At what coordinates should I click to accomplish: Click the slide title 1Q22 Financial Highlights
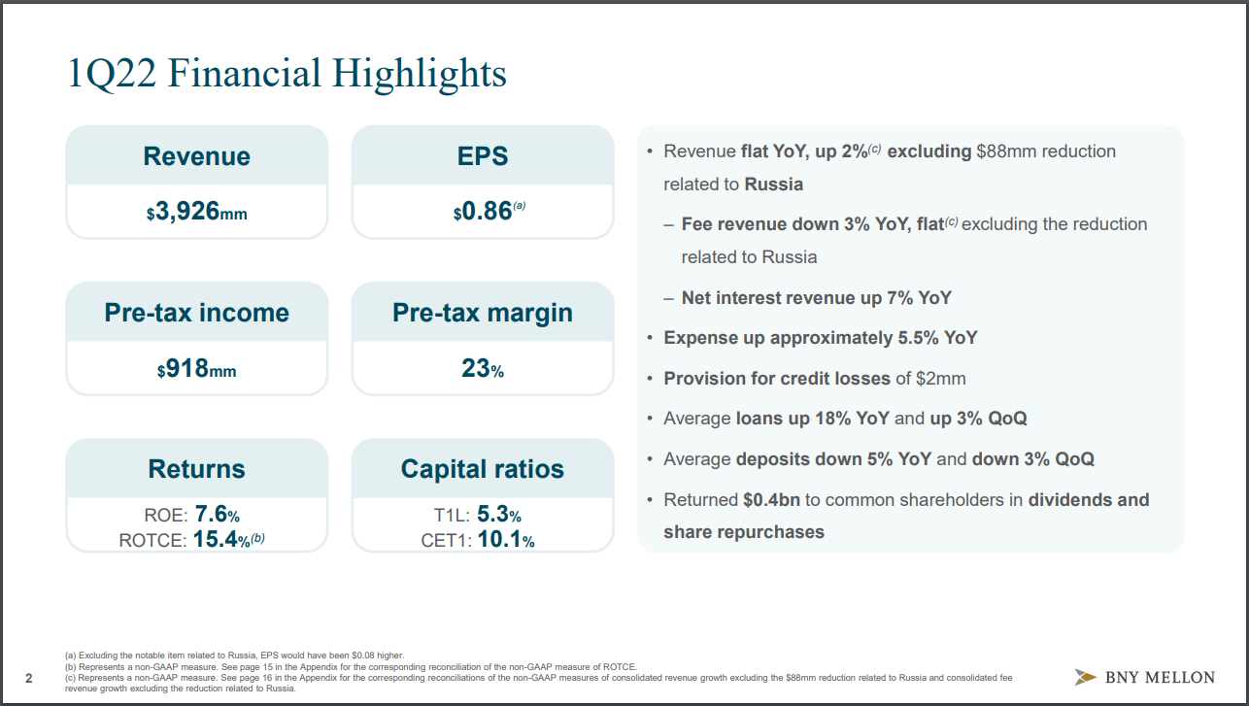click(x=287, y=74)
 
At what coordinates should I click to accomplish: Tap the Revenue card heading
click(x=196, y=156)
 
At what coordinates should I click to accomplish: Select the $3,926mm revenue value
click(x=196, y=212)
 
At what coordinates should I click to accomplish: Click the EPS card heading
click(x=483, y=156)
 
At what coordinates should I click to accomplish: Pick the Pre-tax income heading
click(x=196, y=313)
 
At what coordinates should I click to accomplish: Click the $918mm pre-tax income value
click(x=196, y=369)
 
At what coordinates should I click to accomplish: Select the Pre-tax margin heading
click(x=483, y=313)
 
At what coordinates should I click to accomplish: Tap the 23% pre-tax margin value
click(x=483, y=369)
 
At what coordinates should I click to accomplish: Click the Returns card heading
click(x=196, y=469)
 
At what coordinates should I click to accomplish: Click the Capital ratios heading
click(x=483, y=469)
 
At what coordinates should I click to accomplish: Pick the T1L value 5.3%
click(x=499, y=515)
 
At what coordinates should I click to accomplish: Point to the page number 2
click(x=28, y=678)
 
